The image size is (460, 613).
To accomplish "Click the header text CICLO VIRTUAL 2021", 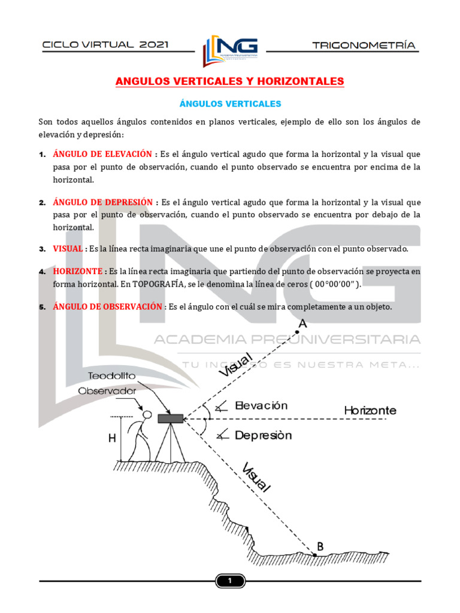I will coord(105,45).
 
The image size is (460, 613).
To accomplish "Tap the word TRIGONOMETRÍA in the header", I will coord(364,45).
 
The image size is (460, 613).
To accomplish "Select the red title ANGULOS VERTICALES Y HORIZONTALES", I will coord(229,81).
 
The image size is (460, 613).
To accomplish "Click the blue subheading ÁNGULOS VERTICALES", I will coord(230,104).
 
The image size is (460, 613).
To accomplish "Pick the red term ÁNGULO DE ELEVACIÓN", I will coord(102,154).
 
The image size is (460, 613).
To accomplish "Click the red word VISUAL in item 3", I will coord(67,248).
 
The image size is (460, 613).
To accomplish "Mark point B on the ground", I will coord(314,554).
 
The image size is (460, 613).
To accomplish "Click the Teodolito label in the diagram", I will coord(112,376).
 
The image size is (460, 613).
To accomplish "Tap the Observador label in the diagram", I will coord(107,390).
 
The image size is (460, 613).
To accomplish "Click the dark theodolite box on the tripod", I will coord(171,418).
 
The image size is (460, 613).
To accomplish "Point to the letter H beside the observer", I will coord(112,438).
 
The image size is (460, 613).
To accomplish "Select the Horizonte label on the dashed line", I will coord(370,411).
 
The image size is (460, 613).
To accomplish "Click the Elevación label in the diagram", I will coord(261,405).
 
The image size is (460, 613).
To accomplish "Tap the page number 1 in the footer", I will coord(229,581).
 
